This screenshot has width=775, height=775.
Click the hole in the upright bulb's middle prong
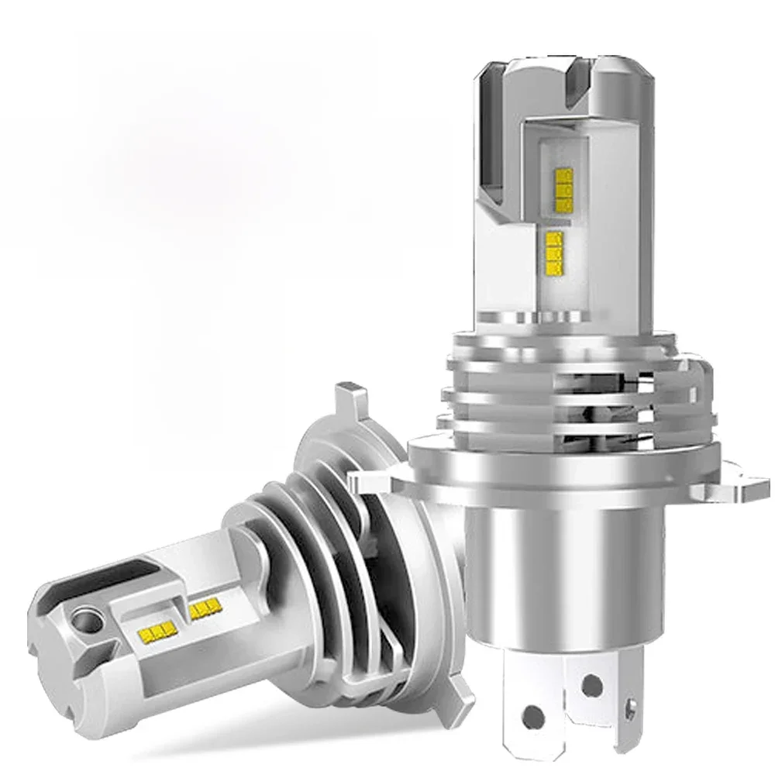tap(591, 683)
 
